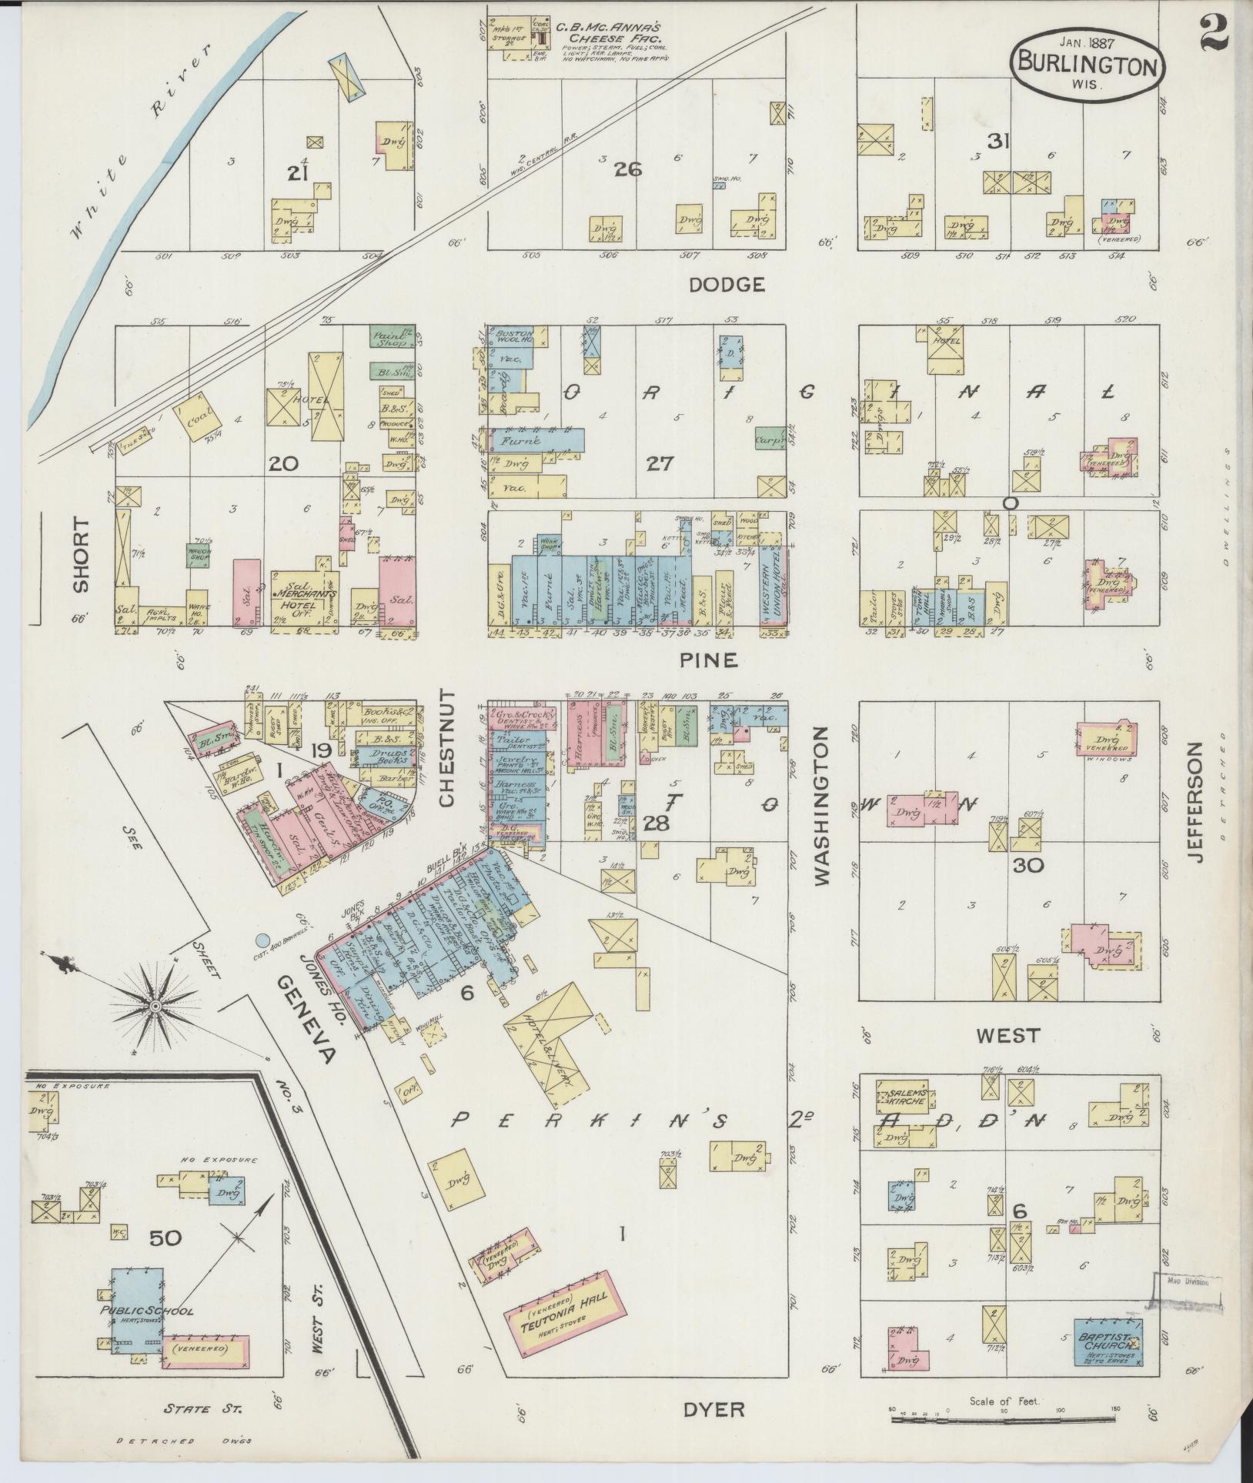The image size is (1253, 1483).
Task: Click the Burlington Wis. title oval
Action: tap(1087, 63)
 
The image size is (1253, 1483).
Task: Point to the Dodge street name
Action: tap(727, 286)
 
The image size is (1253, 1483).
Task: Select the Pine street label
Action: tap(708, 660)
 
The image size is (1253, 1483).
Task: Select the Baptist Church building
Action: tap(1108, 1341)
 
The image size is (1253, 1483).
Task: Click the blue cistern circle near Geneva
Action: tap(263, 940)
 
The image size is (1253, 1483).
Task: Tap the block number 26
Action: tap(627, 169)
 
